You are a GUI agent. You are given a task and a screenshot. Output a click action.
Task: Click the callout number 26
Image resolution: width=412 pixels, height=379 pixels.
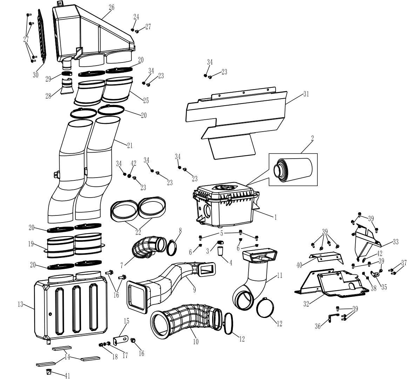tap(112, 7)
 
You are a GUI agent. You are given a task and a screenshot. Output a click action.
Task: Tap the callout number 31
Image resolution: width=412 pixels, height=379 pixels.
tap(306, 94)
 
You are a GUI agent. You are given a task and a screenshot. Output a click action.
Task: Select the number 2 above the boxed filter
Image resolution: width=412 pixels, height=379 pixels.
tap(312, 138)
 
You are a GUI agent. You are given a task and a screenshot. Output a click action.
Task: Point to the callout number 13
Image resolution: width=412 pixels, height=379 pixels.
tap(20, 305)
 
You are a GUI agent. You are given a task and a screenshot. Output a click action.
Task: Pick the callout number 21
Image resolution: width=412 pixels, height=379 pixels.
tap(129, 145)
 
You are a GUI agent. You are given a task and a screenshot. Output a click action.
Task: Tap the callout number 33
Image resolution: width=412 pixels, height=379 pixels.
tap(396, 242)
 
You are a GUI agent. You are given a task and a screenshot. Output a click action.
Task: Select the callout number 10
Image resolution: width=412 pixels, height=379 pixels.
tap(196, 342)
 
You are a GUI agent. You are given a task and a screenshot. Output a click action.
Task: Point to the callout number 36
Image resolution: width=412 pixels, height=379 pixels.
tap(318, 326)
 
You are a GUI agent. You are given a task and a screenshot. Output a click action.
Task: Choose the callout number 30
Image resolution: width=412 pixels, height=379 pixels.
tap(35, 75)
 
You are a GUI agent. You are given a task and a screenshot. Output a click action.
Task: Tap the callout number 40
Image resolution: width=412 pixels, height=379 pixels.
tap(299, 265)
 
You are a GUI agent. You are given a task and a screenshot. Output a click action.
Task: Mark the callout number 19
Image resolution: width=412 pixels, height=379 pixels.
tap(31, 244)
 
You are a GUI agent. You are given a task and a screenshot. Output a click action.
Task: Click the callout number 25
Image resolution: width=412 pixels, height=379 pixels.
tap(146, 100)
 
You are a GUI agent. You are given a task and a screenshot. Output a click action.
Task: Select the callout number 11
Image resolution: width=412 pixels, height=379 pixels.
tap(279, 275)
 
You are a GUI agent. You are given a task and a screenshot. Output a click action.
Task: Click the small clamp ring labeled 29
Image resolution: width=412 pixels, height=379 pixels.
tap(67, 73)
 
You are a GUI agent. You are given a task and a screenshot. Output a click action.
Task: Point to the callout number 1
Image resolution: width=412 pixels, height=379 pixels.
tap(275, 217)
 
